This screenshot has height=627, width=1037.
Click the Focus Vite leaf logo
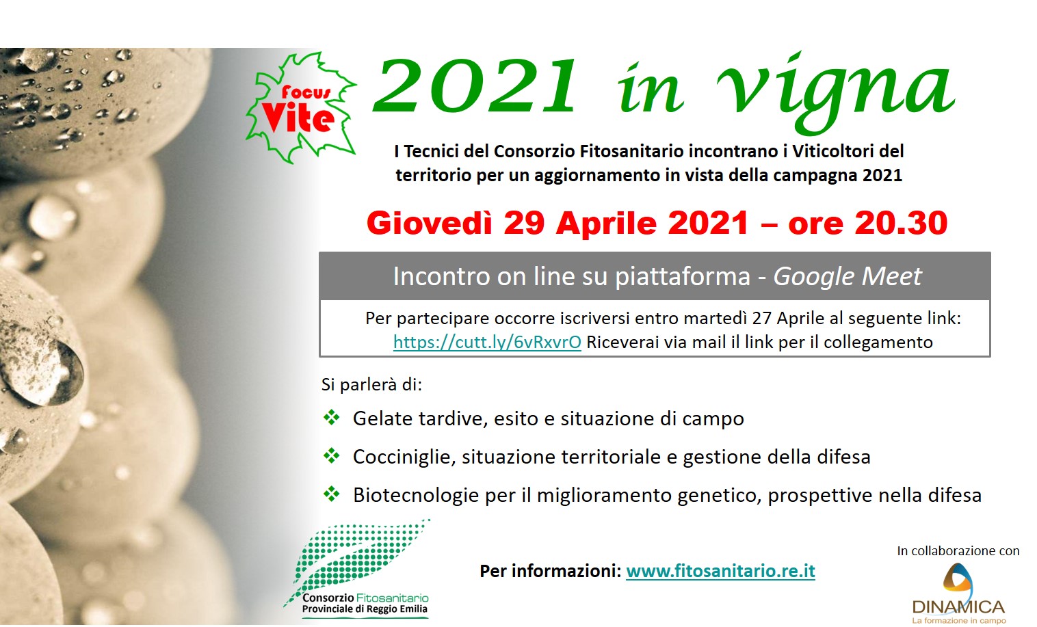pyautogui.click(x=300, y=107)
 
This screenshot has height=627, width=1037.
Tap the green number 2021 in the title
pyautogui.click(x=475, y=87)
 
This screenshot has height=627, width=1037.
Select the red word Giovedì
pyautogui.click(x=429, y=223)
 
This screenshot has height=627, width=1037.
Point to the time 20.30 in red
pyautogui.click(x=901, y=223)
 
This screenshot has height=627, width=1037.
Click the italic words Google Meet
pyautogui.click(x=848, y=276)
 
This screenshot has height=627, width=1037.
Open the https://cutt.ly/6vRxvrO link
pyautogui.click(x=487, y=343)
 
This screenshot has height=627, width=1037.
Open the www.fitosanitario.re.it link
pyautogui.click(x=720, y=571)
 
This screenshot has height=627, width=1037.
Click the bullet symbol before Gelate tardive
pyautogui.click(x=332, y=417)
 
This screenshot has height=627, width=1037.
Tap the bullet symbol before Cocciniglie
pyautogui.click(x=332, y=456)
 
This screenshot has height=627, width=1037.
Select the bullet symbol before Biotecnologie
pyautogui.click(x=332, y=494)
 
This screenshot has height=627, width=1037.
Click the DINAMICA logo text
pyautogui.click(x=958, y=606)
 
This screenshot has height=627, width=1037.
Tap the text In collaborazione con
pyautogui.click(x=958, y=550)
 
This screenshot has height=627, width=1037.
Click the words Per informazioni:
pyautogui.click(x=550, y=571)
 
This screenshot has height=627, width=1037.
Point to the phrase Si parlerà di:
pyautogui.click(x=371, y=385)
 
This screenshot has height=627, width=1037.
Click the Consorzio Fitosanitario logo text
pyautogui.click(x=365, y=603)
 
